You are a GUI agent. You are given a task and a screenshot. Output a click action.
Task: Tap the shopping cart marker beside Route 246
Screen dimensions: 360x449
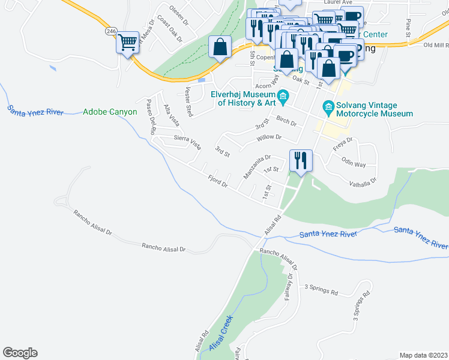127,43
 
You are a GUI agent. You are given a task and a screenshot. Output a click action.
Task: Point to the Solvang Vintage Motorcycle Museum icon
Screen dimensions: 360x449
328,108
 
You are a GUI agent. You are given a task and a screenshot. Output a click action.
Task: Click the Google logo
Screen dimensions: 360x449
20,353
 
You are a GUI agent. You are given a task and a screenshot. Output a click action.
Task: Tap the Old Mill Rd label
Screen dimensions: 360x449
435,45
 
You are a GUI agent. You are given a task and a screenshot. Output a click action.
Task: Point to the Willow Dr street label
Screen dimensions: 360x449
269,137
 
